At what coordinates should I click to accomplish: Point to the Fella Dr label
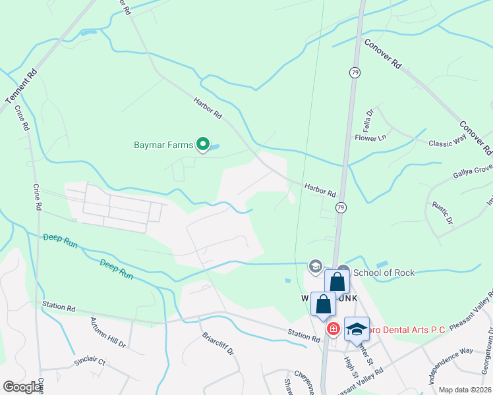368,119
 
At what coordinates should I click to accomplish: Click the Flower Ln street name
370,138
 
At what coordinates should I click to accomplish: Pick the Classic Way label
448,143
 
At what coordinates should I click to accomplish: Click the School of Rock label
384,273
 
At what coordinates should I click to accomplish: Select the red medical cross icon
333,329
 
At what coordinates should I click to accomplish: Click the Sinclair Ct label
89,361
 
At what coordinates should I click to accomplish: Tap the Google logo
22,387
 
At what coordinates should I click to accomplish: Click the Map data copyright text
464,390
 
